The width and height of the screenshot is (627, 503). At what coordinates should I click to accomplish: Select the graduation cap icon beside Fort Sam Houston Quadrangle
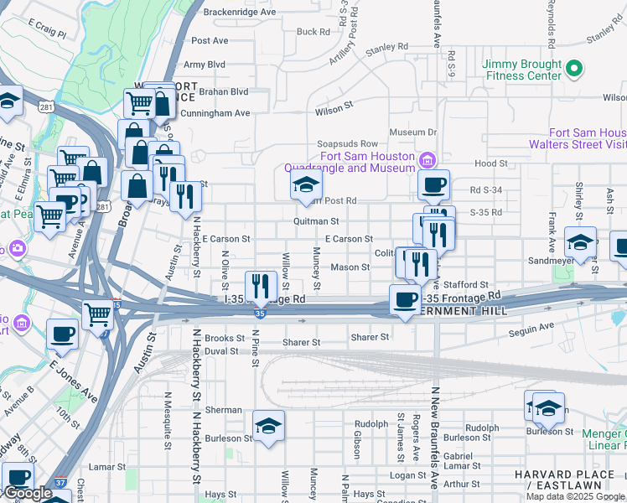click(x=306, y=184)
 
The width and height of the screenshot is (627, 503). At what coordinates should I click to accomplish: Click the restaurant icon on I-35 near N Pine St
click(x=261, y=285)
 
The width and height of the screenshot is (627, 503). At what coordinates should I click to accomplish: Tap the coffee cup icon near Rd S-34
click(x=433, y=184)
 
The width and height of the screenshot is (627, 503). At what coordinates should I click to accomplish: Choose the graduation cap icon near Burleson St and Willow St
click(x=268, y=426)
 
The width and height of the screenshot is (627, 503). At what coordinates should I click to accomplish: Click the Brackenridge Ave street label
click(x=240, y=13)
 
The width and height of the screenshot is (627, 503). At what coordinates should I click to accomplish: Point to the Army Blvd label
click(x=205, y=65)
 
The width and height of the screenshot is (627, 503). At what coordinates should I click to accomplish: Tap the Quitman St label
click(x=315, y=221)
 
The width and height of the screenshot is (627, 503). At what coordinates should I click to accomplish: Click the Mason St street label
click(x=350, y=267)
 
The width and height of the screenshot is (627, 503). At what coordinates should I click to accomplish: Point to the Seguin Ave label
click(x=531, y=326)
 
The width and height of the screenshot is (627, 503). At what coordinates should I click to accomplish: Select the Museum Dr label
click(x=413, y=132)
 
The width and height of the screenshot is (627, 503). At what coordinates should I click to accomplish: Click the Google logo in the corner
click(x=28, y=493)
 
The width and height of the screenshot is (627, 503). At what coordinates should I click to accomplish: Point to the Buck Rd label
click(x=313, y=32)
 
